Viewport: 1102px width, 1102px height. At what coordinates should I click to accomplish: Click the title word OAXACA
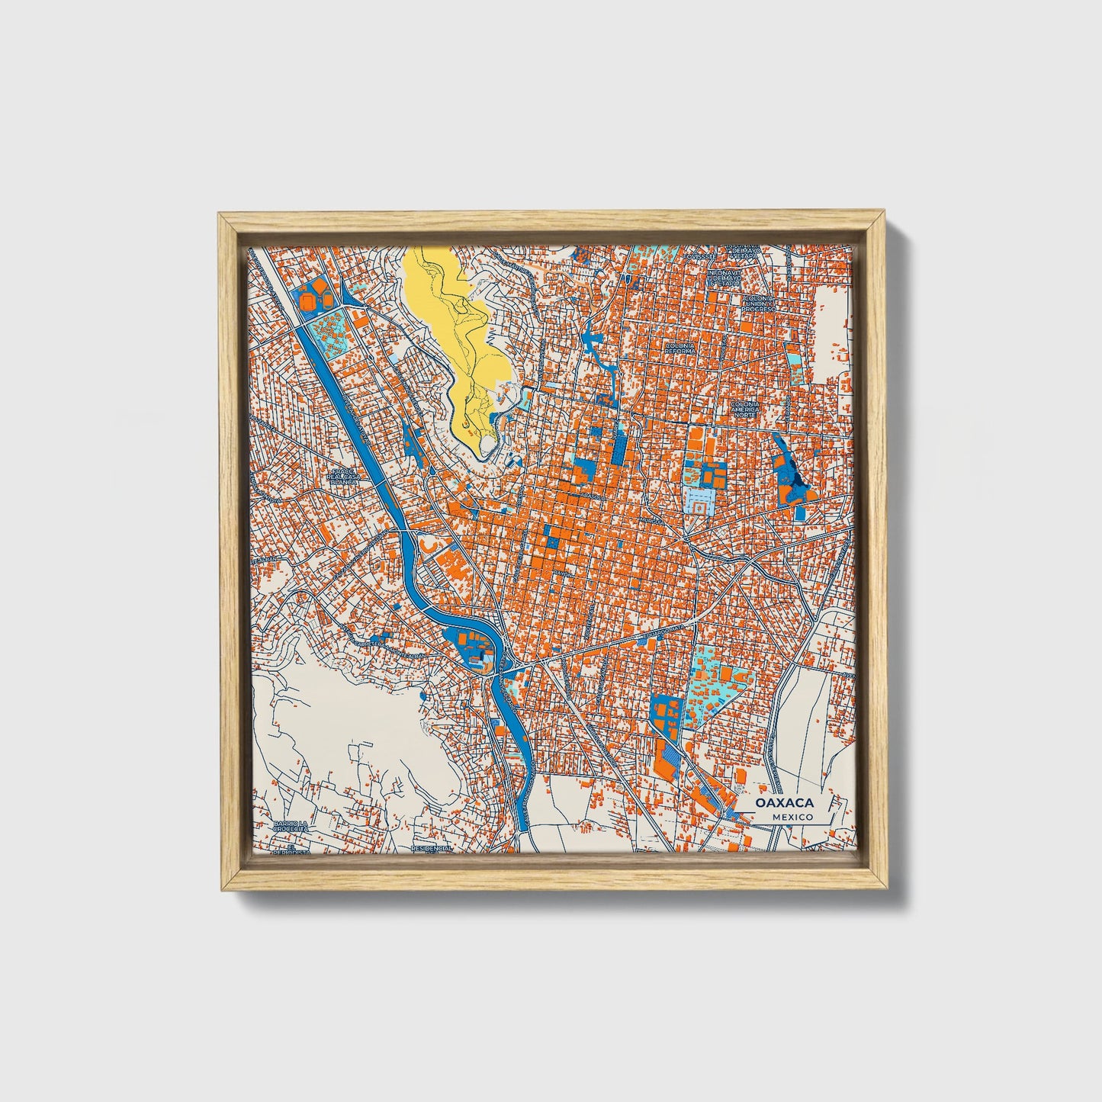[x=785, y=803]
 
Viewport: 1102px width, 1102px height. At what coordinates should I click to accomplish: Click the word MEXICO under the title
[x=791, y=817]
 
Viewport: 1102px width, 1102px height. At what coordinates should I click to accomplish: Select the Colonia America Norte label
[x=746, y=410]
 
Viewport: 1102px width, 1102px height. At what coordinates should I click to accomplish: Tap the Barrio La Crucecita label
[x=291, y=827]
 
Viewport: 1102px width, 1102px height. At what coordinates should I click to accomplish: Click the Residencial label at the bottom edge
[x=432, y=847]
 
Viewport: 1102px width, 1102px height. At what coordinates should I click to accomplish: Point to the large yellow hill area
[x=450, y=328]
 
